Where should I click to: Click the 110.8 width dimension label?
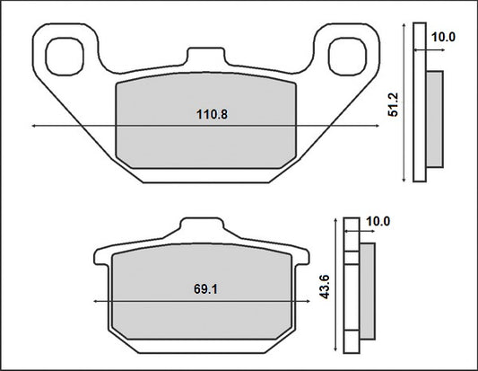click(x=212, y=114)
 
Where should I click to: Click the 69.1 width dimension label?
click(x=205, y=289)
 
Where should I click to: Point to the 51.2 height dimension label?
click(x=394, y=104)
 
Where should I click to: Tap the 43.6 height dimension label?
click(x=325, y=287)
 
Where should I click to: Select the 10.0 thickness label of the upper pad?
click(x=443, y=37)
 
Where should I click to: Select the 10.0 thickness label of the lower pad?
click(x=378, y=221)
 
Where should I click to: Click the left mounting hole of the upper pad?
click(x=65, y=57)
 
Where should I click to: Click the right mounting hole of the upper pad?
click(x=347, y=57)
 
